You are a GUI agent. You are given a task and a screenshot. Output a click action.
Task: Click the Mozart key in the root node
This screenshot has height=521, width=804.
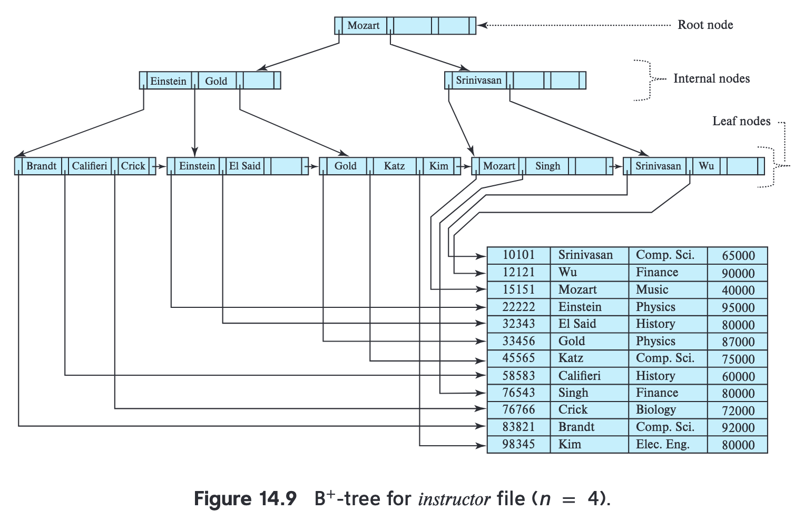tap(363, 25)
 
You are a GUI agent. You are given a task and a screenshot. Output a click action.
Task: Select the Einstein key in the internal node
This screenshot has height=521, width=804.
tap(169, 81)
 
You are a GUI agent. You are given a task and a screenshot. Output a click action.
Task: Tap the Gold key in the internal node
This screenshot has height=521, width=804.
tap(216, 81)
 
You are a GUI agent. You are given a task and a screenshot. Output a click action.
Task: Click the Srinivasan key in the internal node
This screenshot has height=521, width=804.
tap(479, 80)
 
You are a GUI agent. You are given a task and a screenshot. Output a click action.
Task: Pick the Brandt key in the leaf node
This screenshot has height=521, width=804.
tap(41, 166)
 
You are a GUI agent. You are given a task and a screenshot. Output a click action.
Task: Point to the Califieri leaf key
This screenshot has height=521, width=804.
tap(90, 166)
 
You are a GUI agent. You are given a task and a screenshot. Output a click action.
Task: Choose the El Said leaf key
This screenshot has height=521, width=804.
tap(245, 166)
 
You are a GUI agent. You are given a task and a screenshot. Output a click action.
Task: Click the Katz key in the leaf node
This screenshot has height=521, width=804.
tap(394, 166)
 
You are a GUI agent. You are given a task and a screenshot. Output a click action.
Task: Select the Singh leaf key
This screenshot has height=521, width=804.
tap(548, 166)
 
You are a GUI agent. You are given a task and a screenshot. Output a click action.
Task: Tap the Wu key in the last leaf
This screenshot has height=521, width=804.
tap(706, 166)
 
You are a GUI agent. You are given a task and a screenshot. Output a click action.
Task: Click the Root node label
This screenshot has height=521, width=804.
tap(705, 25)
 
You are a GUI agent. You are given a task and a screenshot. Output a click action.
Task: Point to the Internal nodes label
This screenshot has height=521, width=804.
tap(711, 78)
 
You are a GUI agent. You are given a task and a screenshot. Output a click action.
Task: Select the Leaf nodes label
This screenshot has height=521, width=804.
tap(741, 121)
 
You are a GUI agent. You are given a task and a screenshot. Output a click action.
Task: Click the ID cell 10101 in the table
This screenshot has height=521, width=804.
tap(518, 255)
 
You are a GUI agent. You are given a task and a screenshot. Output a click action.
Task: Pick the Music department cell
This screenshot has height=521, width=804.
tap(652, 289)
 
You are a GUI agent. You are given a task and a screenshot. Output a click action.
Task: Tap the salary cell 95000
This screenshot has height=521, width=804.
tap(738, 307)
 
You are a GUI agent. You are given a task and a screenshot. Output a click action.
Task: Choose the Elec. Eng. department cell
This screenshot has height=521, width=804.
tap(663, 444)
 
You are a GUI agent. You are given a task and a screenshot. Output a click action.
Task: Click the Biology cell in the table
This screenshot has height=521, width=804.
tap(656, 409)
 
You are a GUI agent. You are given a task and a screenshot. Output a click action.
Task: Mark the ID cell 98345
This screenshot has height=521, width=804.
tap(518, 444)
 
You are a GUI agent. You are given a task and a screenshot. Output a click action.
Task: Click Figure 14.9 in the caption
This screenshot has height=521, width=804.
tap(245, 498)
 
